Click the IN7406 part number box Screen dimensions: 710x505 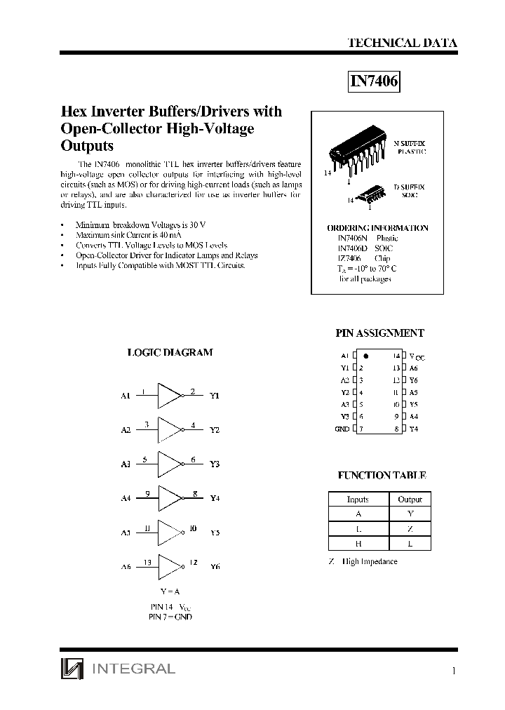[x=375, y=82]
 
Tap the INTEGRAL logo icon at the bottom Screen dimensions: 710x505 [x=71, y=669]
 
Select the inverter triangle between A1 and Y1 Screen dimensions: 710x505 [x=170, y=396]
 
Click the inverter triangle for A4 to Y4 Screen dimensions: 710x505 [x=170, y=498]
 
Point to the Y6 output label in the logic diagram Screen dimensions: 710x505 [x=215, y=566]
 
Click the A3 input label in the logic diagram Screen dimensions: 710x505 [x=126, y=464]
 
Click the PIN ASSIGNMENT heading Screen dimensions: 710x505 [x=381, y=334]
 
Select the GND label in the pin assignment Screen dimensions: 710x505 [x=342, y=429]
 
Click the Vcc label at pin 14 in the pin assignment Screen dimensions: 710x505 [x=417, y=357]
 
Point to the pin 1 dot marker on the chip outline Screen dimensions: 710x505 [x=366, y=356]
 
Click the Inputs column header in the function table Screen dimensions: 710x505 [x=358, y=500]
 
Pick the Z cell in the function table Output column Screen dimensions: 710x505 [x=410, y=529]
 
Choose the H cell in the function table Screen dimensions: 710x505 [x=358, y=544]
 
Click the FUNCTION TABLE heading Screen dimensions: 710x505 [x=382, y=476]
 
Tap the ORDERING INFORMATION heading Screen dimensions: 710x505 [x=377, y=228]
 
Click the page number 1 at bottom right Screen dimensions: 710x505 [x=454, y=671]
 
